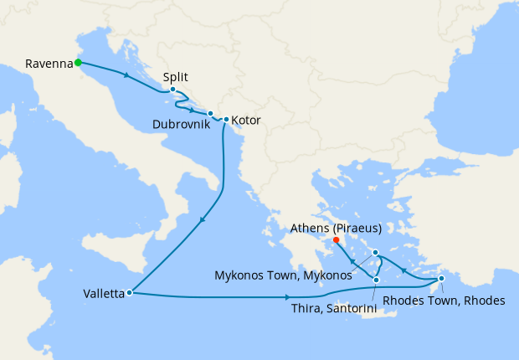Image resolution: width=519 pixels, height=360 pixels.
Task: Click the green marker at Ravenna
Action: [x=77, y=62]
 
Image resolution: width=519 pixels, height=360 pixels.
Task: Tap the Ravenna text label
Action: [x=49, y=63]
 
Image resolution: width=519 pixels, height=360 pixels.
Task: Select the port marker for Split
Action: [x=172, y=90]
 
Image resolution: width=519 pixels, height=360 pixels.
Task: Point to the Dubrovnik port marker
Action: [x=210, y=113]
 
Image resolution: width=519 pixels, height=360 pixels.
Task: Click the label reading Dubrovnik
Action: [x=181, y=124]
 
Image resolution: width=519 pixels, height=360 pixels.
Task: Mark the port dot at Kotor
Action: [x=226, y=120]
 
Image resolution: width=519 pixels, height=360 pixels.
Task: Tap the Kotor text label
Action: [x=246, y=121]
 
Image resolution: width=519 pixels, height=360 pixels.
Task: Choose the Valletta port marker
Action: [x=129, y=293]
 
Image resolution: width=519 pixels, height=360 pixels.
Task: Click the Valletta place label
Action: [x=104, y=294]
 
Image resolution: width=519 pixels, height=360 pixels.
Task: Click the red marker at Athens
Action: [x=336, y=240]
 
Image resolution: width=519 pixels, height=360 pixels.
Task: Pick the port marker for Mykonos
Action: [x=376, y=252]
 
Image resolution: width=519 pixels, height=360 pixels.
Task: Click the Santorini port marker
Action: [x=377, y=280]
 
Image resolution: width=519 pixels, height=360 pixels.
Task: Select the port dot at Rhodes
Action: [x=441, y=279]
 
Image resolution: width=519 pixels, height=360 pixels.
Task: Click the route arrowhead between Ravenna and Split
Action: [x=126, y=76]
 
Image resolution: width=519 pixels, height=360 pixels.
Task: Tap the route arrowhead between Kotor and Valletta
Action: [x=203, y=221]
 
